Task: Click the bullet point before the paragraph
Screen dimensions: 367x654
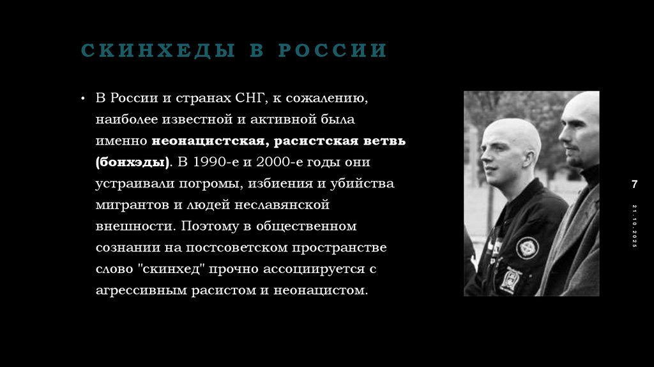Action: point(83,98)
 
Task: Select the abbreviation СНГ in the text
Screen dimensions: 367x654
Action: point(252,98)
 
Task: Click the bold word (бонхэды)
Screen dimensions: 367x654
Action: point(133,162)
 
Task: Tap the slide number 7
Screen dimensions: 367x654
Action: point(634,184)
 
